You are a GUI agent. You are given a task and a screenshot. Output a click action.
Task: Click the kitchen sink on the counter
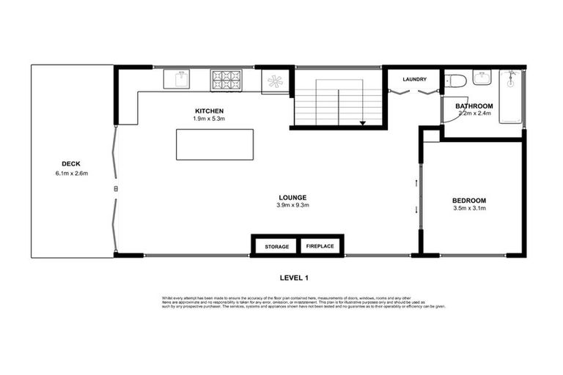tap(177, 78)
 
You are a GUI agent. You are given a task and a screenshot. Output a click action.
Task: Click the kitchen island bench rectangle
tap(215, 144)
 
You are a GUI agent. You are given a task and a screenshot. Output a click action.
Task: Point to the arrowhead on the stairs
tap(363, 123)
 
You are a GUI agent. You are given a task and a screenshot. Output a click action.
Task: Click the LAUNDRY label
tap(414, 79)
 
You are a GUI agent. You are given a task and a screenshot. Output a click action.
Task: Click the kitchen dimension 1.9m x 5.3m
tap(209, 119)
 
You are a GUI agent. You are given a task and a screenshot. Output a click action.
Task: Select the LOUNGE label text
tap(292, 197)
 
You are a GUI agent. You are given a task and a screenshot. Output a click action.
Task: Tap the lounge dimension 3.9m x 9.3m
tap(292, 205)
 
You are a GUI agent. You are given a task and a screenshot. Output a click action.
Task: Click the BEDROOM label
tap(469, 201)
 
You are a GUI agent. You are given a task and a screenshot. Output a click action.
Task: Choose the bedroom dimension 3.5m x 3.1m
tap(469, 209)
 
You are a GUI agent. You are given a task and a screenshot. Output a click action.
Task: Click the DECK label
tap(71, 164)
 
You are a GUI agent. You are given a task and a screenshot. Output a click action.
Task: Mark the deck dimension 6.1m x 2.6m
tap(71, 173)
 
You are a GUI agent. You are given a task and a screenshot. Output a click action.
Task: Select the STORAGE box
tap(276, 246)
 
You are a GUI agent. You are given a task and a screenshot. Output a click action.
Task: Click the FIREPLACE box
tap(320, 246)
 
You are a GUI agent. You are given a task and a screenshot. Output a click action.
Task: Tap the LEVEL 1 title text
tap(295, 277)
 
